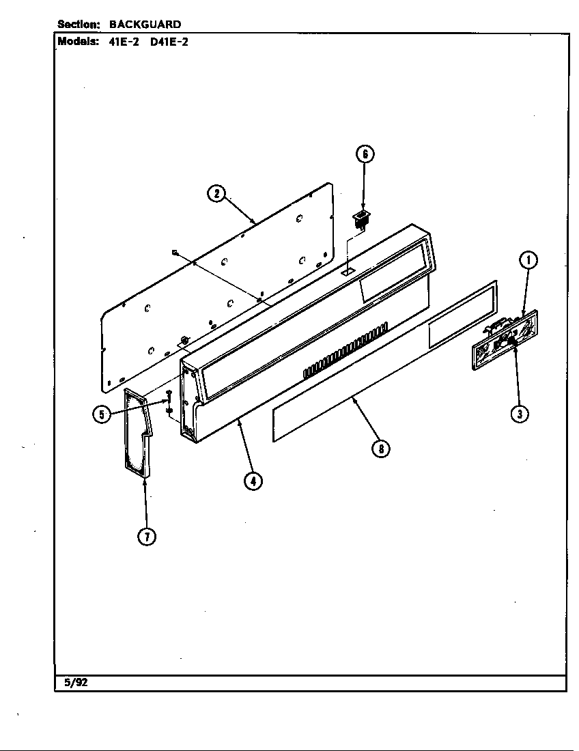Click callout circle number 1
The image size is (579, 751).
click(x=528, y=260)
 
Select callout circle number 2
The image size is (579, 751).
click(x=216, y=193)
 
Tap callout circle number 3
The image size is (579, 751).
click(x=520, y=414)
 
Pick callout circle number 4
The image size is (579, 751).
click(x=253, y=481)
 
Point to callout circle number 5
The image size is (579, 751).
click(x=102, y=414)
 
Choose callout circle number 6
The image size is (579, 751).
click(x=365, y=154)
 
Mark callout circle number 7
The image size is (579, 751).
click(x=146, y=537)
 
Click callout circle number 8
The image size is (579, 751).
click(x=380, y=449)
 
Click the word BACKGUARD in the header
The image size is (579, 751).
click(x=145, y=25)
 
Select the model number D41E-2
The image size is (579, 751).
click(x=169, y=41)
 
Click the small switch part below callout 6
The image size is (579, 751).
click(x=361, y=219)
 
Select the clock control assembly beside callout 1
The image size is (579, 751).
click(x=504, y=340)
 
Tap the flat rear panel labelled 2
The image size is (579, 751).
click(x=218, y=287)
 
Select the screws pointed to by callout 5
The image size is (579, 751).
click(x=168, y=403)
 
